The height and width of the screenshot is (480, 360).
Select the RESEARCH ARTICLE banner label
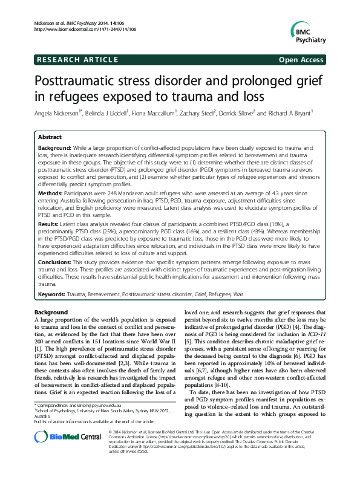77,59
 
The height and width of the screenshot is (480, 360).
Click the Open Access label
302,59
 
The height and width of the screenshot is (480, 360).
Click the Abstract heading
50,137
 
